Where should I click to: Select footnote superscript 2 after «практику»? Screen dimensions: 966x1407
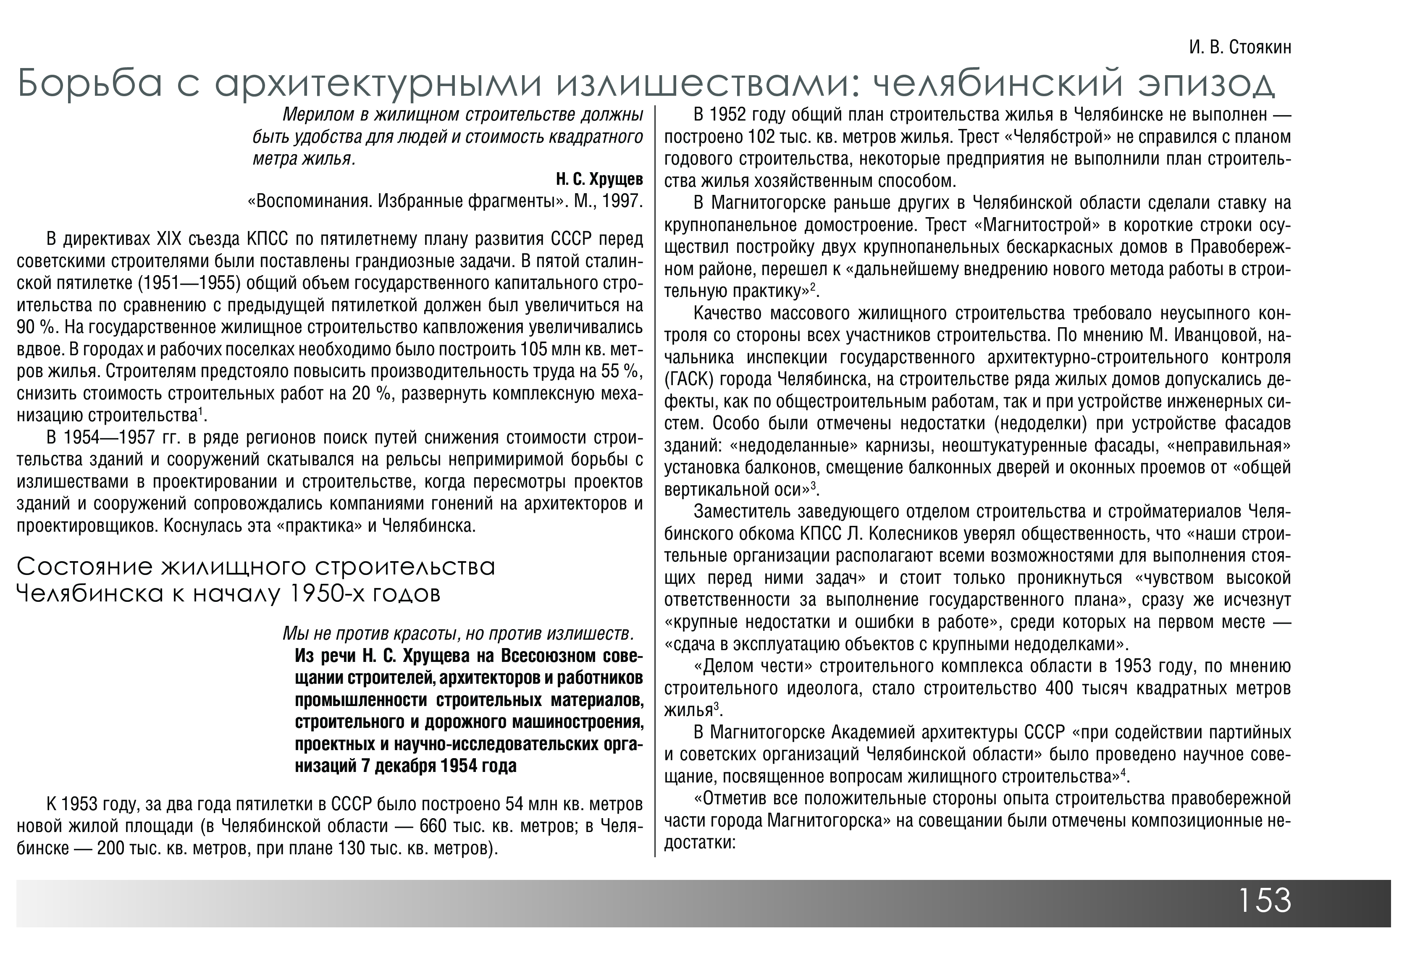pyautogui.click(x=814, y=288)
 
